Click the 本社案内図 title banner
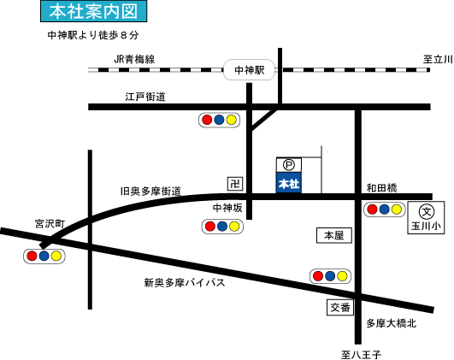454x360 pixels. (93, 11)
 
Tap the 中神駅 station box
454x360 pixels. (249, 70)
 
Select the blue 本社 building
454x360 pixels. (289, 182)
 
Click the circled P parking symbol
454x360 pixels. (288, 165)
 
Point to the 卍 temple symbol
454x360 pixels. (235, 184)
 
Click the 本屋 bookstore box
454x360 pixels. (333, 235)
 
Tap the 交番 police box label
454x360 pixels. (340, 307)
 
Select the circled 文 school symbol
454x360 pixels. (427, 212)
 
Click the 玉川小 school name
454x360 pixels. (426, 227)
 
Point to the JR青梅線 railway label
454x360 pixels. (134, 59)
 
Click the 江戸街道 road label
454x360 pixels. (145, 97)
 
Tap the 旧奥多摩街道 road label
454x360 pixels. (150, 192)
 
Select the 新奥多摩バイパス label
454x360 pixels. (185, 283)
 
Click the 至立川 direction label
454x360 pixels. (438, 59)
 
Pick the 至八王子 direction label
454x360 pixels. (361, 355)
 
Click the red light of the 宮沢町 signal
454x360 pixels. (32, 256)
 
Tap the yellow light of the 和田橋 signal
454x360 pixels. (396, 210)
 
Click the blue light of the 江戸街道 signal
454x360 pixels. (219, 120)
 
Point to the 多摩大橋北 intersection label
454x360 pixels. (392, 323)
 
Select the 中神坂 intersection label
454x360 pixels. (227, 208)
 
